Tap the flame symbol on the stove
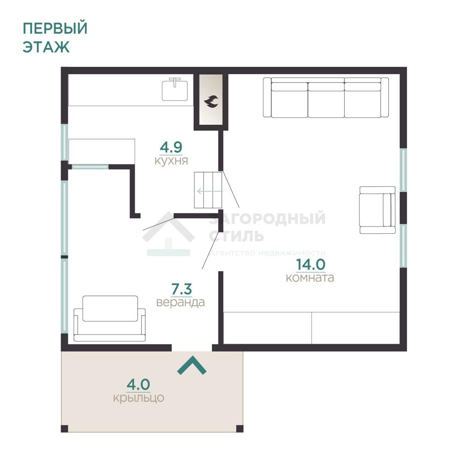click(x=211, y=101)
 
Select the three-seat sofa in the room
click(x=326, y=98)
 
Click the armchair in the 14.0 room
click(x=377, y=210)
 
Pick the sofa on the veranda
click(x=110, y=318)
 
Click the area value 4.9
click(x=171, y=147)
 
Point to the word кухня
click(x=171, y=161)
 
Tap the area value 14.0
click(x=311, y=264)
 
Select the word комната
click(x=310, y=278)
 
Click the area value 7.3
click(x=182, y=289)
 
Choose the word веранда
click(x=181, y=302)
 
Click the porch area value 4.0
click(x=138, y=384)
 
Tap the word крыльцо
click(x=139, y=398)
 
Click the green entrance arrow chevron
click(x=192, y=365)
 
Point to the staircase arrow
click(x=210, y=191)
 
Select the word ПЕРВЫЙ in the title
click(x=55, y=28)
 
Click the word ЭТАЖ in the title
click(x=46, y=47)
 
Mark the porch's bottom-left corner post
click(x=64, y=428)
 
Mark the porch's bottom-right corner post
click(x=240, y=428)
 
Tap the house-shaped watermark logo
click(x=169, y=234)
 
